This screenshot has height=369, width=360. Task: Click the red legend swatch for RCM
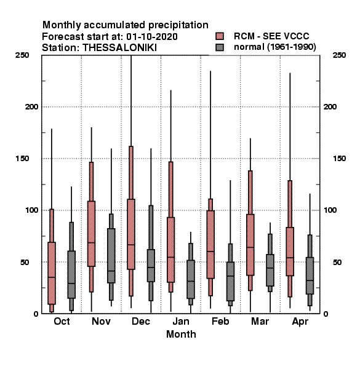pyautogui.click(x=220, y=36)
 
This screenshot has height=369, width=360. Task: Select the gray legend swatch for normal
pyautogui.click(x=220, y=47)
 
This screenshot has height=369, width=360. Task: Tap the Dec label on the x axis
pyautogui.click(x=141, y=321)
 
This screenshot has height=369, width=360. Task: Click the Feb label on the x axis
pyautogui.click(x=220, y=321)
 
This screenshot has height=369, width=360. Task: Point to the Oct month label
pyautogui.click(x=62, y=321)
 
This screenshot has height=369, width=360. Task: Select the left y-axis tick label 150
pyautogui.click(x=22, y=159)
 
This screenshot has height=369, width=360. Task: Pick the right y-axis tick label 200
pyautogui.click(x=330, y=107)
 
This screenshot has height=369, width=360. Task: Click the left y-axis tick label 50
pyautogui.click(x=25, y=262)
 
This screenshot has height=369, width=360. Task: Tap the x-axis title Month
pyautogui.click(x=181, y=334)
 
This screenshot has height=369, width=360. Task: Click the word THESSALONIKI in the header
pyautogui.click(x=119, y=48)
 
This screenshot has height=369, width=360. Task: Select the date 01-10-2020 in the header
pyautogui.click(x=152, y=37)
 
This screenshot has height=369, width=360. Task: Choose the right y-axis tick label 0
pyautogui.click(x=326, y=314)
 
